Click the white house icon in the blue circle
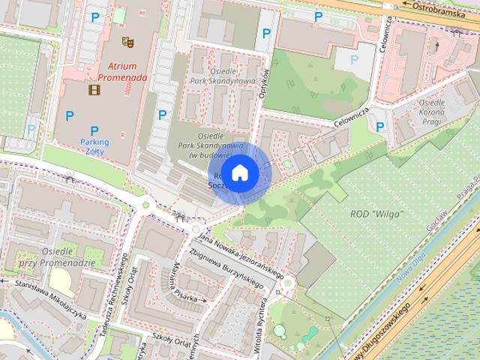tap(239, 173)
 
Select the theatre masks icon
tap(127, 43)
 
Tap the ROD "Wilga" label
tap(376, 214)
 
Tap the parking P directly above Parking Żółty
tap(94, 131)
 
